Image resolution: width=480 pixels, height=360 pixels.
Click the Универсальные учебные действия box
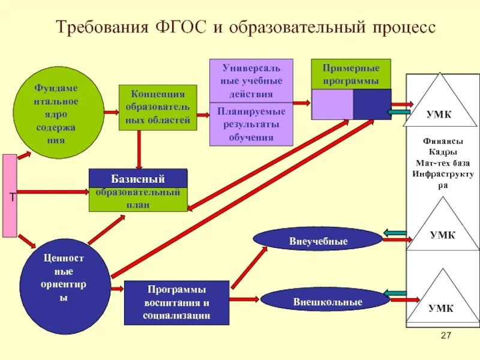(251, 80)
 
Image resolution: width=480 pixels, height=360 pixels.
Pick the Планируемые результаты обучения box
(251, 124)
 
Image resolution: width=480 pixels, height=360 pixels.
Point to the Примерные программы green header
(351, 74)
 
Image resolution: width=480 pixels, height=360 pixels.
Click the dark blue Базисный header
(138, 178)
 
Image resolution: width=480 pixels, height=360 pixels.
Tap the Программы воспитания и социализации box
(176, 302)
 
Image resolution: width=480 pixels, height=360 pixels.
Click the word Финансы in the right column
(443, 142)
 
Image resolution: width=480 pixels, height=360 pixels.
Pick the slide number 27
(445, 335)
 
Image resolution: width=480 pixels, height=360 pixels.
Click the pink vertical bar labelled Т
(10, 196)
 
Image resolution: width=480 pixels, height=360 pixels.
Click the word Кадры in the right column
(443, 152)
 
